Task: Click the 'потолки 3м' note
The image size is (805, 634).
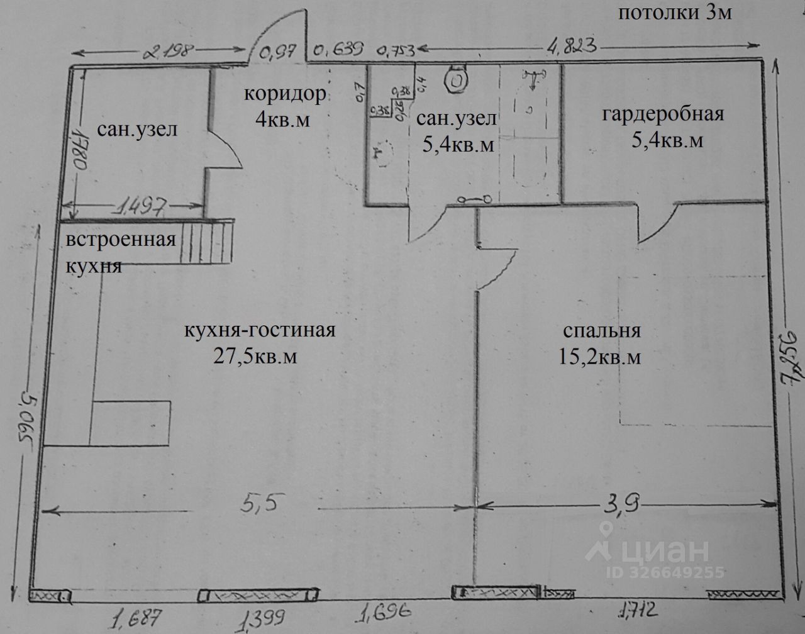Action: click(675, 13)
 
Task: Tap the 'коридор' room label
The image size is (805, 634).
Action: click(286, 95)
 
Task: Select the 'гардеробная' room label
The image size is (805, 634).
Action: click(663, 114)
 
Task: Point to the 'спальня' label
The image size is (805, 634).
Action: click(601, 331)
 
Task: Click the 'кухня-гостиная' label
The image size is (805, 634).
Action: click(260, 331)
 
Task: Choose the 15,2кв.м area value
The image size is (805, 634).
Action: click(599, 357)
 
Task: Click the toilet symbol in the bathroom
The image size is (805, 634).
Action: click(456, 79)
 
